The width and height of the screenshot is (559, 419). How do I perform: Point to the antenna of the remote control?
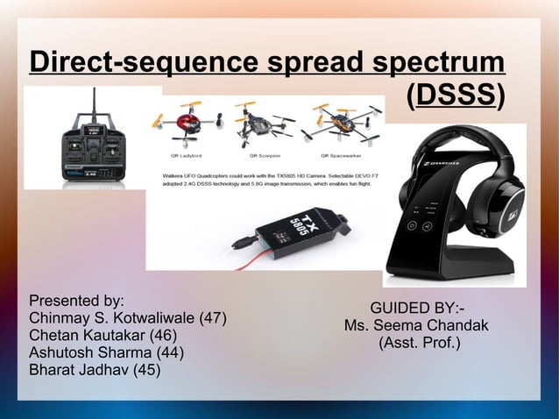point(94,105)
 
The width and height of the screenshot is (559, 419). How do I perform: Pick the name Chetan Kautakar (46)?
point(103,335)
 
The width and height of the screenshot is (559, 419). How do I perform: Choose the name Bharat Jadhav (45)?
point(95,370)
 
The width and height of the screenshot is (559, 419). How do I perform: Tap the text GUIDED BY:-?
point(417,309)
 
